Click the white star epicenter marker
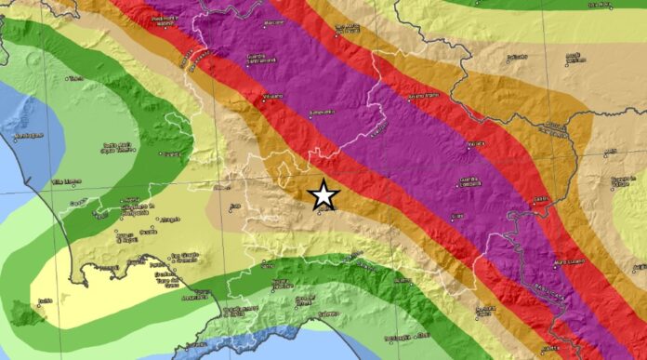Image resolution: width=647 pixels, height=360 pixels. click(x=323, y=194)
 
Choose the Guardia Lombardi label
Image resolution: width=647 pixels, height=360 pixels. click(x=471, y=182)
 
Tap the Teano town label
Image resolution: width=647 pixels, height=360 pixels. click(x=75, y=78)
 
